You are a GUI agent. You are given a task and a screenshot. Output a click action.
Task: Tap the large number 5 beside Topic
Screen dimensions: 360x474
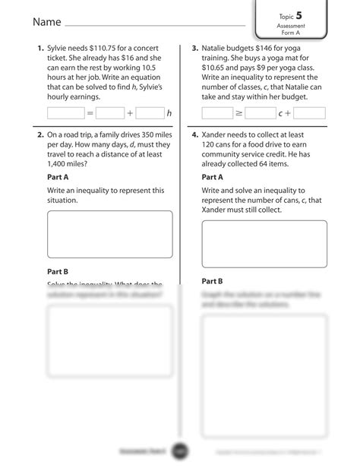309,14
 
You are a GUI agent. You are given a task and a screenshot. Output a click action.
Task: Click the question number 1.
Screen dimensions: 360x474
40,49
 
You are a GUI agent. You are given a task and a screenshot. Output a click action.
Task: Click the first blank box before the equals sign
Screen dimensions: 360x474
65,112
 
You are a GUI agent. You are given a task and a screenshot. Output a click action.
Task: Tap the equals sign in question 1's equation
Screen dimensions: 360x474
90,113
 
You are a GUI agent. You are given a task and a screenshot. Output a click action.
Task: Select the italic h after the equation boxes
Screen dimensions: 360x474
169,113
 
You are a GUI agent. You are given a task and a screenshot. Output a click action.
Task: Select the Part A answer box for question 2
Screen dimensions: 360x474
109,234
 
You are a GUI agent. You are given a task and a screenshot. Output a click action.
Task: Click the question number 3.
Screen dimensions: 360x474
195,49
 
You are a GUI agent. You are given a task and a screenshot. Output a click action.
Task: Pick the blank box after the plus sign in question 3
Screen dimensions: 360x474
309,113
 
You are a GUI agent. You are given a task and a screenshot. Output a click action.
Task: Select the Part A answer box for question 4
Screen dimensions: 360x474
264,243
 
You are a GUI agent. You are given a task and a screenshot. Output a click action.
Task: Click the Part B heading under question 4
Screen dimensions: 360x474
213,281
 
